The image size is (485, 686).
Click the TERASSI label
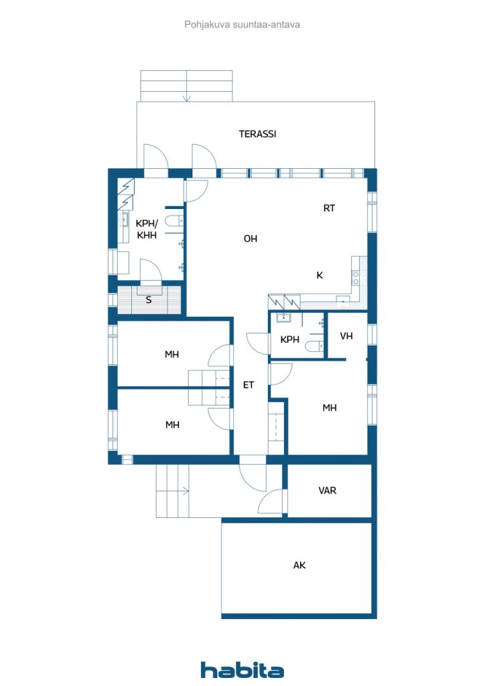click(258, 134)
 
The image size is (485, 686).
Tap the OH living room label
click(251, 239)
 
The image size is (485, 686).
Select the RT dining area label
click(329, 208)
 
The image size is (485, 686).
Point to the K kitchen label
click(320, 275)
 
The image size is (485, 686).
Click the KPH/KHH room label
click(146, 229)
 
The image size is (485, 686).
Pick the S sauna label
click(149, 300)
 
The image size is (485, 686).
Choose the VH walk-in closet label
click(346, 336)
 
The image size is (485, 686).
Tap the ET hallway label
click(249, 385)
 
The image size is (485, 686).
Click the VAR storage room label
click(328, 490)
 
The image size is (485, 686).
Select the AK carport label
click(299, 565)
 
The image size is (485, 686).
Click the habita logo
click(242, 670)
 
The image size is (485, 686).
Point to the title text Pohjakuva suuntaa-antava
click(242, 24)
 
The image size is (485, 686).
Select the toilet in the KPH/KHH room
click(174, 222)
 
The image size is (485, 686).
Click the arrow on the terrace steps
click(187, 97)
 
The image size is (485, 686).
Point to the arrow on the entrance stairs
click(184, 492)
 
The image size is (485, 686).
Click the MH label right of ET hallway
click(329, 407)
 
